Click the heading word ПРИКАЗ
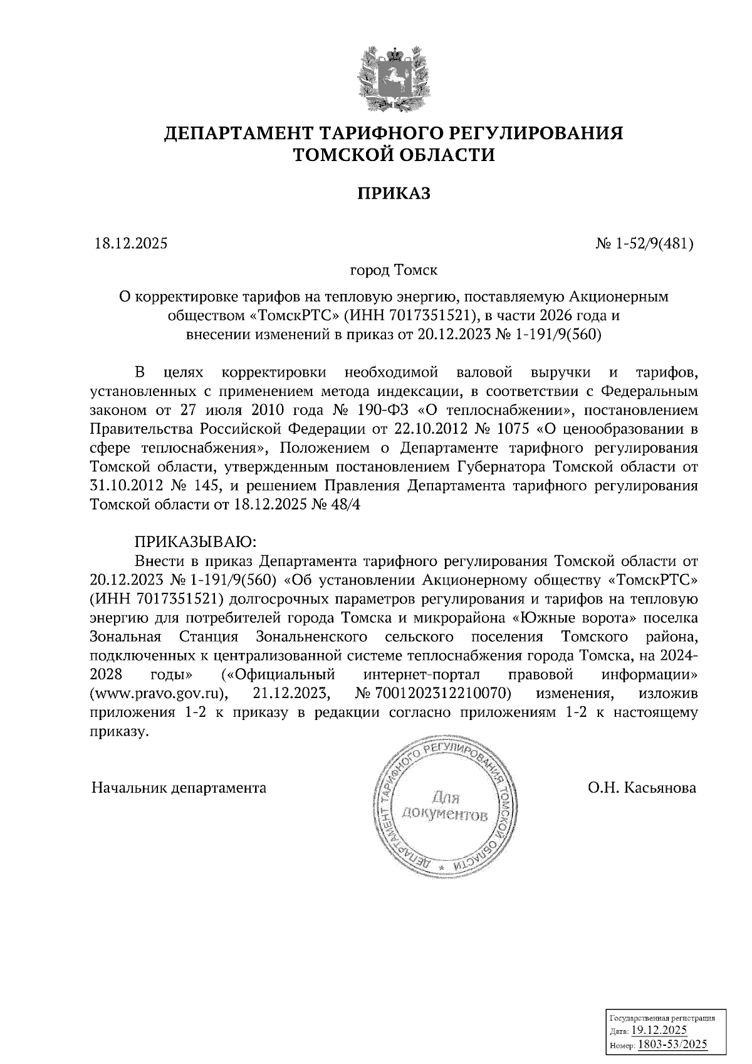pos(394,194)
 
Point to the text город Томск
pos(394,271)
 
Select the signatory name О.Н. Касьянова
pos(642,788)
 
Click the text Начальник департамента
pos(179,788)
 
